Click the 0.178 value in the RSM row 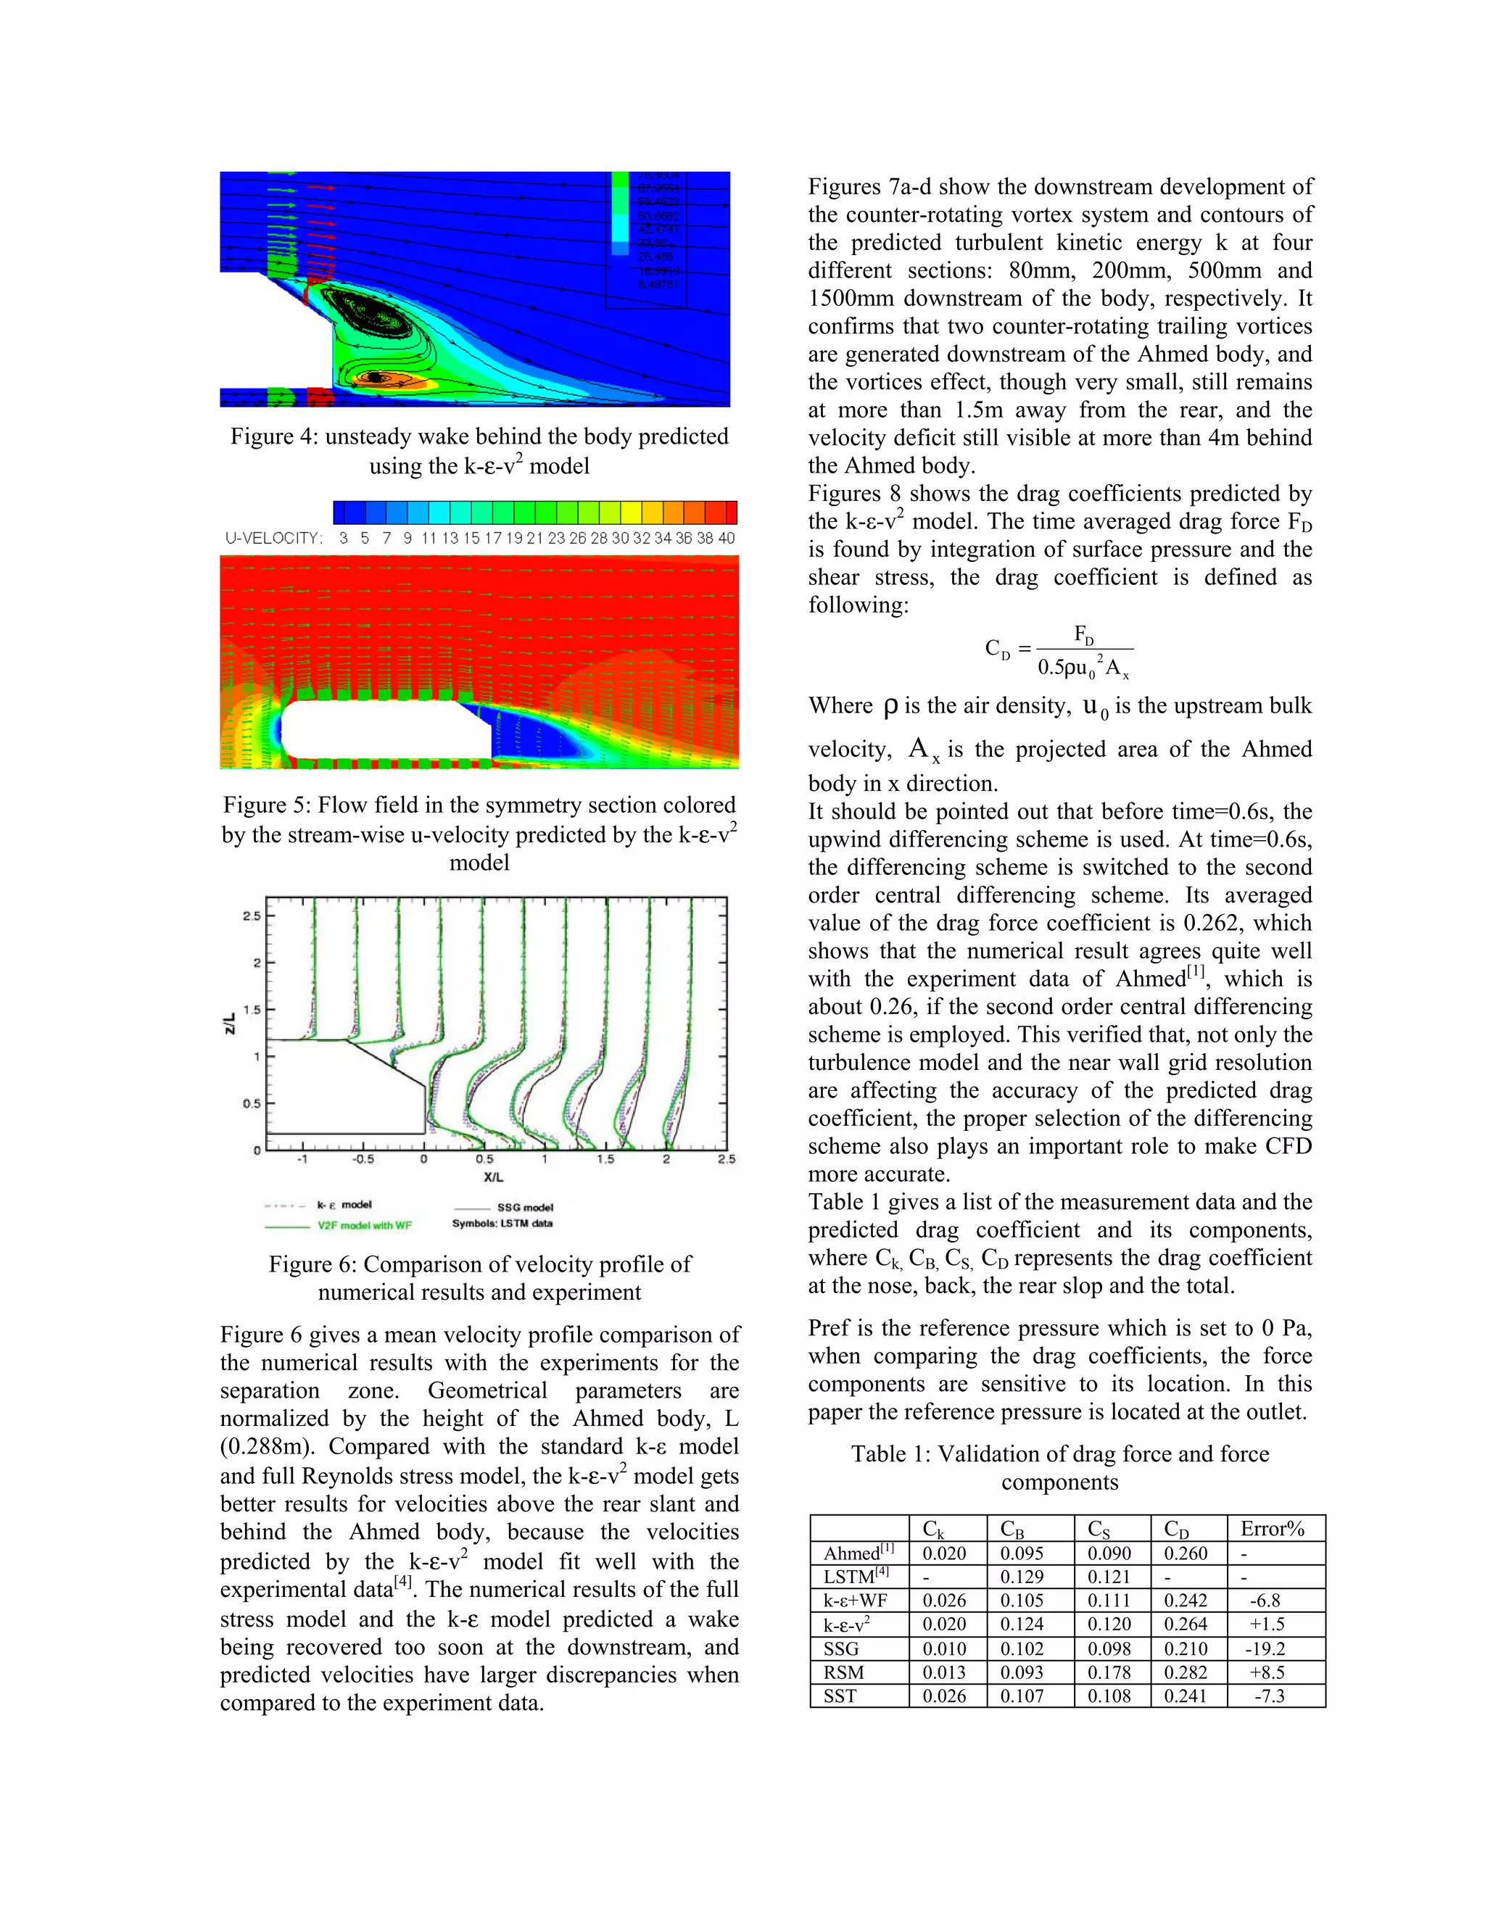(x=1109, y=1673)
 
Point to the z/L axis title (x=230, y=1023)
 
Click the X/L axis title (x=494, y=1177)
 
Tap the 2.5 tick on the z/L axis (x=252, y=916)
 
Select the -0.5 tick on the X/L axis (x=363, y=1159)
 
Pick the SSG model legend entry (x=524, y=1208)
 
